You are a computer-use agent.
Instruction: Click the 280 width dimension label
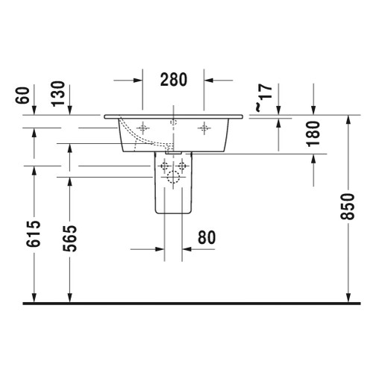tap(173, 78)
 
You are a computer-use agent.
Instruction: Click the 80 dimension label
tap(207, 237)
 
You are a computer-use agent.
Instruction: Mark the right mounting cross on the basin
tap(204, 129)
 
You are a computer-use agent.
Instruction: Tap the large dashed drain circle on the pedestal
tap(173, 178)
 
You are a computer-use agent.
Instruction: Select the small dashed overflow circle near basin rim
tap(173, 120)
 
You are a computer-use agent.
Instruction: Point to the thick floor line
tap(186, 303)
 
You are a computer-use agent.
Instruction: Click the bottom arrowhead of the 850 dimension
tap(348, 298)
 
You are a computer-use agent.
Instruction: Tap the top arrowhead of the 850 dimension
tap(348, 121)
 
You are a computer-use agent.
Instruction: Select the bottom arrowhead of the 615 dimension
tap(34, 298)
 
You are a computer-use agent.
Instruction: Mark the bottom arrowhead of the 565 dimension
tap(70, 298)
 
